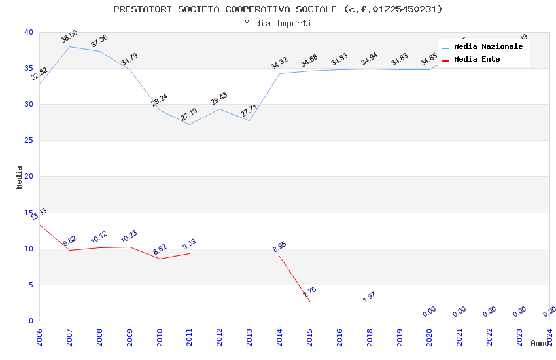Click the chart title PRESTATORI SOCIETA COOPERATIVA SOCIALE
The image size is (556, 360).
click(277, 9)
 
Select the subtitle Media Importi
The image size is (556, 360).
click(277, 23)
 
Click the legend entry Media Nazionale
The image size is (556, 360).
click(488, 47)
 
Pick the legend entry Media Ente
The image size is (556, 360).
click(477, 59)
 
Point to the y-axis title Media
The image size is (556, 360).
click(20, 177)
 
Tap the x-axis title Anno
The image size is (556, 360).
click(540, 343)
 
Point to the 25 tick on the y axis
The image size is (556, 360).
click(29, 140)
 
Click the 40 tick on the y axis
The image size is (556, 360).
click(29, 32)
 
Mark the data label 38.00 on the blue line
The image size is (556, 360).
click(69, 37)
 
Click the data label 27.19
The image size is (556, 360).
click(188, 115)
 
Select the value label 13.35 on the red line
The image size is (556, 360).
click(39, 214)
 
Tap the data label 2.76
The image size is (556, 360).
click(309, 292)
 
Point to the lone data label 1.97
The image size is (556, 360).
click(369, 297)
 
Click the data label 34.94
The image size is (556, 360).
click(369, 61)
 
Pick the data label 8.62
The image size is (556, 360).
click(160, 249)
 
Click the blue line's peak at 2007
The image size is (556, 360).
click(69, 46)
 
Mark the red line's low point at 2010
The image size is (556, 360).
click(160, 259)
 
